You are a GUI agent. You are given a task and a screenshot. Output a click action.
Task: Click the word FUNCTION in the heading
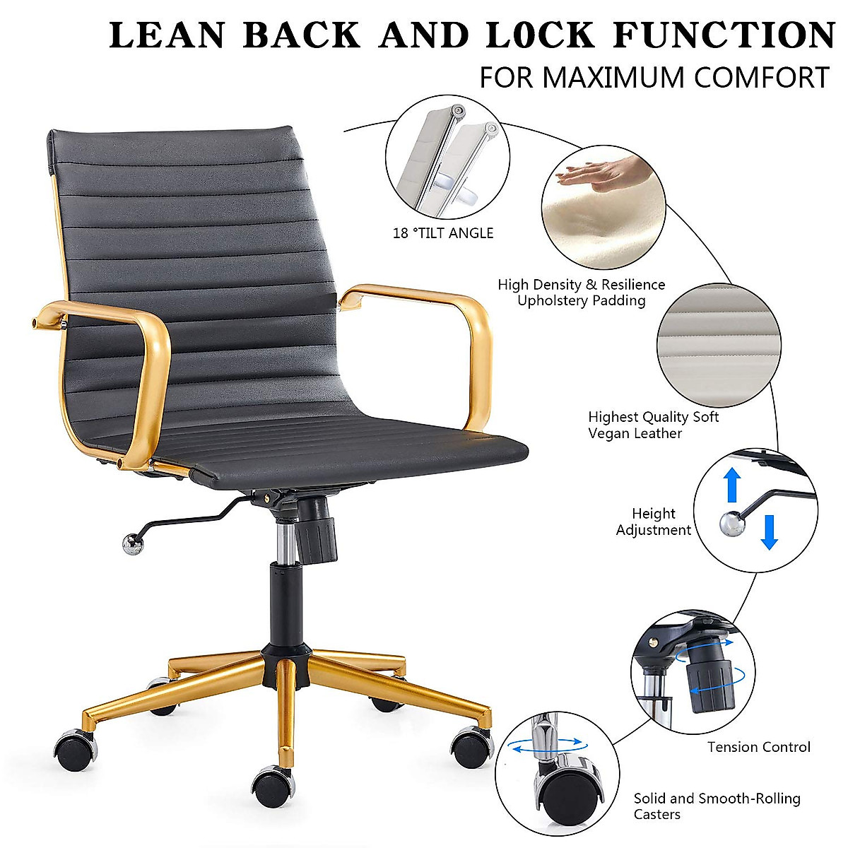pos(724,35)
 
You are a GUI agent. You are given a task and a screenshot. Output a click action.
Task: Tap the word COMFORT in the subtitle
pos(759,77)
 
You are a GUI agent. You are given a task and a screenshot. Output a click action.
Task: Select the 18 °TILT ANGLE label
pos(443,233)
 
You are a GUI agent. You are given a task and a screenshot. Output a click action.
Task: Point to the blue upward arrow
pos(733,485)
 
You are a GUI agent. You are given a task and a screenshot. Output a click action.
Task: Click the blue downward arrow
pos(769,532)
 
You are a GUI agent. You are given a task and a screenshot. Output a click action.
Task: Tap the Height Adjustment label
pos(653,522)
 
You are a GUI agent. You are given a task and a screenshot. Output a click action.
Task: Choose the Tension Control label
pos(758,747)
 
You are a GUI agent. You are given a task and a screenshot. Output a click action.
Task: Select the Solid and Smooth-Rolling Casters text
pos(717,806)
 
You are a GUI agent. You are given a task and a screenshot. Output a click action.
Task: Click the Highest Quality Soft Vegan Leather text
pos(653,425)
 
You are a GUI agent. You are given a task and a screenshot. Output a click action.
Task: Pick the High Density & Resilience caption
pos(581,293)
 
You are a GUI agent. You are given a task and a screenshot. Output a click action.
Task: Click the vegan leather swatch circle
pos(718,346)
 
